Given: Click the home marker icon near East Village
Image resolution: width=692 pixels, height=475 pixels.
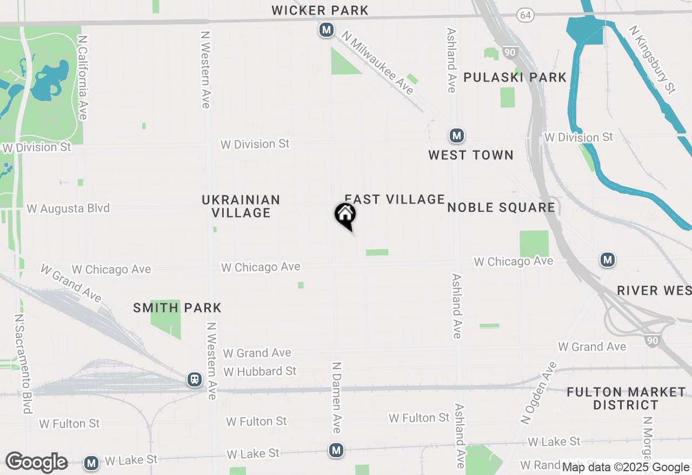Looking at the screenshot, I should coord(345,215).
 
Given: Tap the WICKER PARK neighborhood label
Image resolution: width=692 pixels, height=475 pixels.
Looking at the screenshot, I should coord(320,10).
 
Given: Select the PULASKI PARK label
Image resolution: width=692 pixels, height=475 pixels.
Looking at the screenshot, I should coord(515,77).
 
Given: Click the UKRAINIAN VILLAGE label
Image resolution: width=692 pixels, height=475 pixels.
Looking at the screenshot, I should coord(241,206).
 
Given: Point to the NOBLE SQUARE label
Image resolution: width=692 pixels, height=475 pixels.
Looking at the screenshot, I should coord(501,208).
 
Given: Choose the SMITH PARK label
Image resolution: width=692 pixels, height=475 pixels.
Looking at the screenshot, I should coord(177,308).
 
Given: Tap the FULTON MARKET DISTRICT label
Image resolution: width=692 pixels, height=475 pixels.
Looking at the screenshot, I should coord(626,398).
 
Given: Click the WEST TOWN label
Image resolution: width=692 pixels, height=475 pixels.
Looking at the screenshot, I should coord(471,155).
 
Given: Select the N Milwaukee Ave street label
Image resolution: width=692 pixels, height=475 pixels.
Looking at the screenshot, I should coord(378,63).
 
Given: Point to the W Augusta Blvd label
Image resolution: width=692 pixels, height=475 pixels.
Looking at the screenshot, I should coord(68,208).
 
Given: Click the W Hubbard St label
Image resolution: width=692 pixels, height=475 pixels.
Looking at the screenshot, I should coord(260,371).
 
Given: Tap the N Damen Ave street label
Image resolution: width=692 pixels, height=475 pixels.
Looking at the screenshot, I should coord(336,397).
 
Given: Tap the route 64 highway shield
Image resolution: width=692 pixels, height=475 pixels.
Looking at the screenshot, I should coord(524,15).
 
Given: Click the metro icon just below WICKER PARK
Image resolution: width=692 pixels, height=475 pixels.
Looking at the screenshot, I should coord(326,30).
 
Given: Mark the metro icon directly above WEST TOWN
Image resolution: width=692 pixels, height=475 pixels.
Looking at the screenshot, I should coord(457,135).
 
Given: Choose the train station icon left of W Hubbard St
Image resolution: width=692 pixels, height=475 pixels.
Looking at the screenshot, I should coord(194,379).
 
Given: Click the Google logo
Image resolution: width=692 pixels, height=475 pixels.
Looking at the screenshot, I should coord(36,463).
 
